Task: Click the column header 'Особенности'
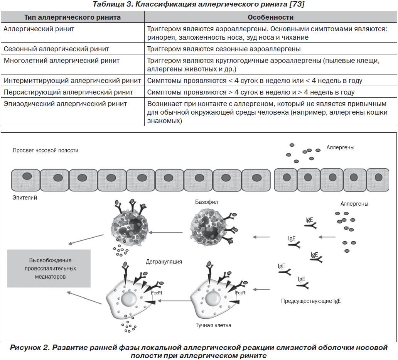271,17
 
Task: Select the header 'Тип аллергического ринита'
73,17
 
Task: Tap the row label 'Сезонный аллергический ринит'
56,49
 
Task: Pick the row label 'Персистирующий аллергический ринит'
68,92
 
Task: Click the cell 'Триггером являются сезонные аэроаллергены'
224,49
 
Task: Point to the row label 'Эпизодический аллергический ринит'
65,104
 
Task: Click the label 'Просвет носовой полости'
46,150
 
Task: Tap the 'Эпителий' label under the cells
25,198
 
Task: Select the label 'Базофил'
206,202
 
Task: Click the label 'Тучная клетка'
214,325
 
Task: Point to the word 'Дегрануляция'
164,262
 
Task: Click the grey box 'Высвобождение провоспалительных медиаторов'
49,268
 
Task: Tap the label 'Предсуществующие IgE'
311,301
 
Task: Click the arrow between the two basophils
166,233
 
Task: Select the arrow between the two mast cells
174,301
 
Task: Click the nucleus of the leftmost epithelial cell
27,176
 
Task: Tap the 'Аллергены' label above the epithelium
341,147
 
